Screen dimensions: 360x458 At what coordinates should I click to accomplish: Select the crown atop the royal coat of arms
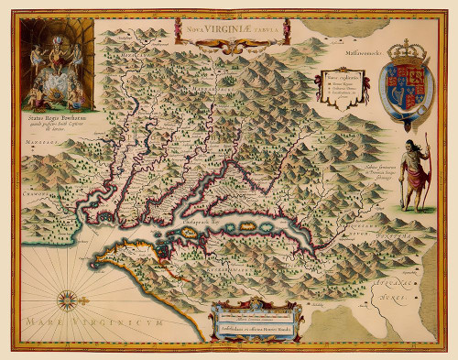pos(409,50)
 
